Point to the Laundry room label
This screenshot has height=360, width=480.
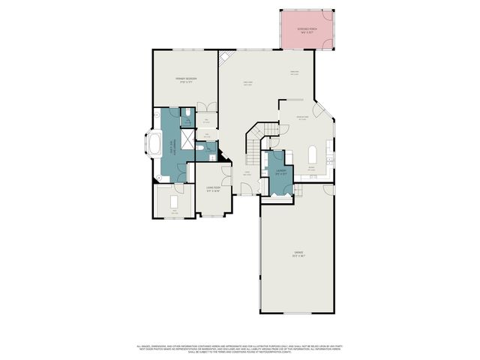[280, 172]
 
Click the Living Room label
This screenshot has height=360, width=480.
[213, 188]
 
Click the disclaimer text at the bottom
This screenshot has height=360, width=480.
[240, 348]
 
